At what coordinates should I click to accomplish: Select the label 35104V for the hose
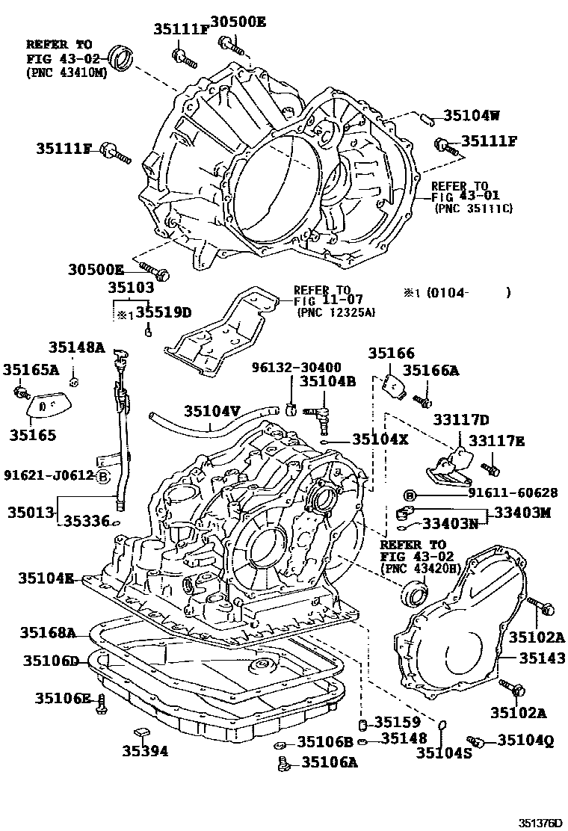(x=212, y=410)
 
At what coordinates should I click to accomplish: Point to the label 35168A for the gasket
(x=48, y=634)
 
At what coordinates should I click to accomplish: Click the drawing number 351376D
(x=536, y=822)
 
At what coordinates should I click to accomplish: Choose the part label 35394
(x=145, y=751)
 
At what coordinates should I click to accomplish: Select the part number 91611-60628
(x=493, y=494)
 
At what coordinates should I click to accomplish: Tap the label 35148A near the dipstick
(x=77, y=347)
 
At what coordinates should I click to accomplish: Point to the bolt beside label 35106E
(x=102, y=701)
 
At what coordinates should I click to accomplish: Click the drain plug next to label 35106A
(x=283, y=763)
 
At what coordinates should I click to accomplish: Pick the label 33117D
(x=463, y=420)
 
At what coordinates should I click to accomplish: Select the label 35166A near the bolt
(x=431, y=370)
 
